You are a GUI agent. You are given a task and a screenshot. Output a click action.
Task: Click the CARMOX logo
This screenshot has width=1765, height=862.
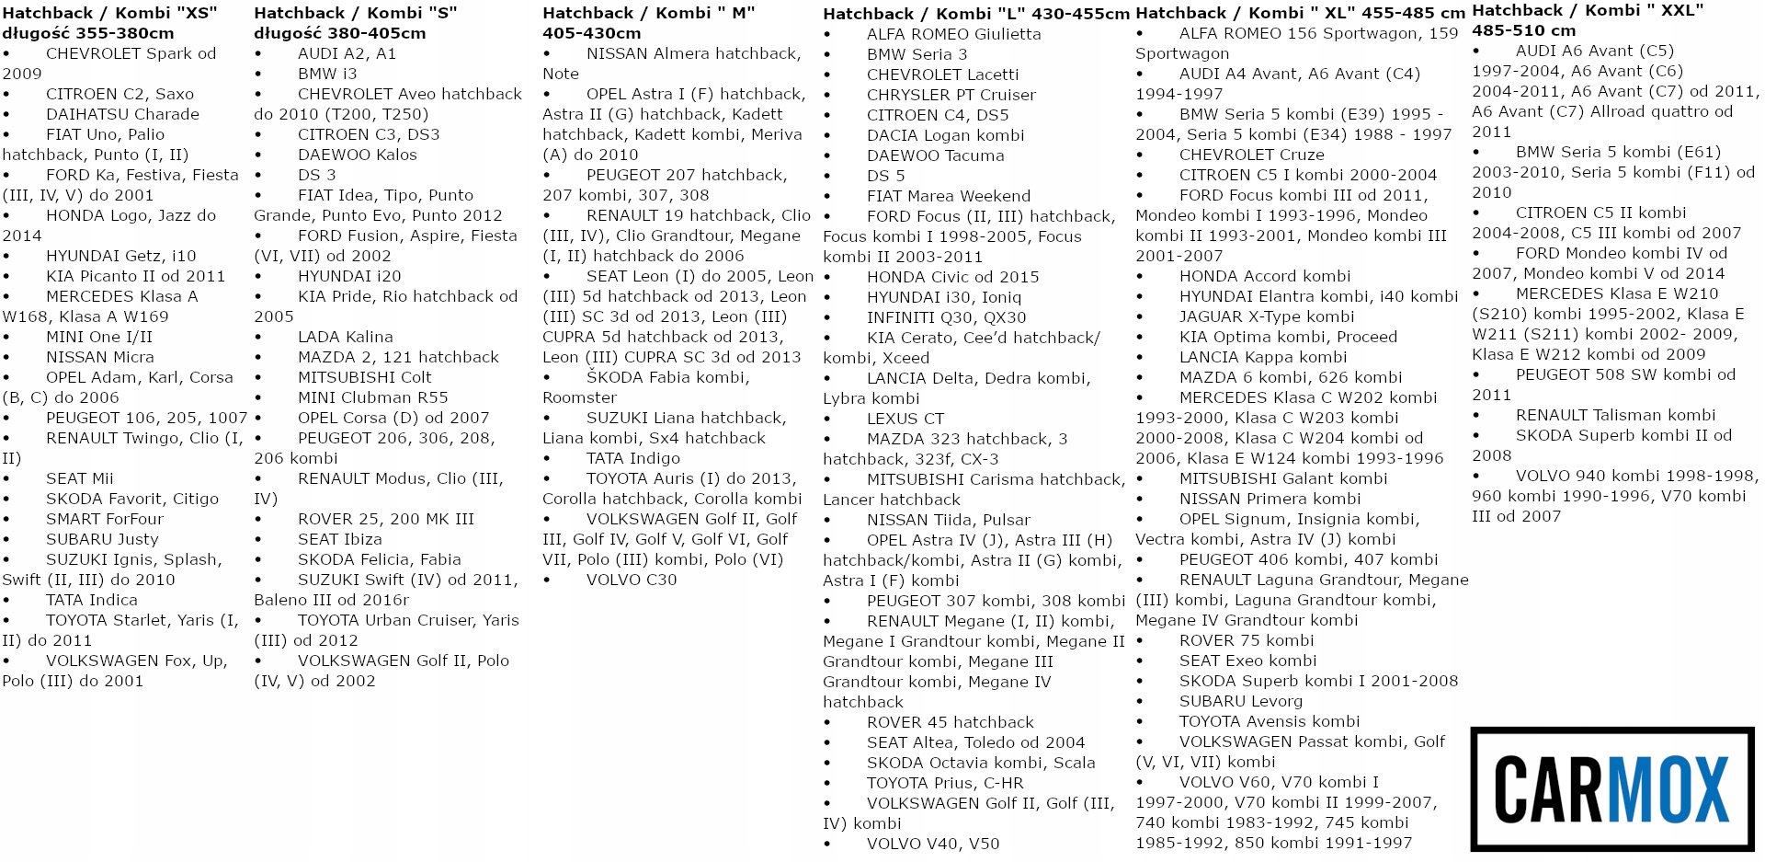click(1611, 788)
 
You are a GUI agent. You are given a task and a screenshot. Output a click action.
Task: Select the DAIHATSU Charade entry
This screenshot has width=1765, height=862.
click(122, 114)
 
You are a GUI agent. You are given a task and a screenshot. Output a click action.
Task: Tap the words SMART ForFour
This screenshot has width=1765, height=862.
click(104, 519)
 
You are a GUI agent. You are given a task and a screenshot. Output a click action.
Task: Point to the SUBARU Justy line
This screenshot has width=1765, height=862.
click(102, 539)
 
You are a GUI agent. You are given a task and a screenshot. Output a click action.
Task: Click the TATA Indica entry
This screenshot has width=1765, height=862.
click(91, 600)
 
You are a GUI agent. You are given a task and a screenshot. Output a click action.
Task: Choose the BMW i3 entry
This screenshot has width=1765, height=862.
click(327, 74)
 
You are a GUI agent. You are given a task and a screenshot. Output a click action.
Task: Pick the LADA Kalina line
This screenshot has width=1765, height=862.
click(345, 337)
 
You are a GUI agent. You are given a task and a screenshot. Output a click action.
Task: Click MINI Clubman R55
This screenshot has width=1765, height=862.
click(372, 397)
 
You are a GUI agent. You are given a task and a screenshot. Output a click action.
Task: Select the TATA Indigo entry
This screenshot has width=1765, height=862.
click(633, 458)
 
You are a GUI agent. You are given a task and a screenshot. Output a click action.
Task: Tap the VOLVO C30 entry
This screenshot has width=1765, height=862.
click(632, 580)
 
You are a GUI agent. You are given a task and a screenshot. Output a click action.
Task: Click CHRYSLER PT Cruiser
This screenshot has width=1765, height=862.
click(951, 95)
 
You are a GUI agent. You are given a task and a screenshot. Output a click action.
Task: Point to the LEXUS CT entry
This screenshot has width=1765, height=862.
click(905, 419)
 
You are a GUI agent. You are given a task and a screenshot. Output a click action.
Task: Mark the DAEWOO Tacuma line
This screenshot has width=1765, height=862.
click(935, 155)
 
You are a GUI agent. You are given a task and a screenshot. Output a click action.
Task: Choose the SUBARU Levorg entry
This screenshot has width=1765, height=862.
click(1241, 701)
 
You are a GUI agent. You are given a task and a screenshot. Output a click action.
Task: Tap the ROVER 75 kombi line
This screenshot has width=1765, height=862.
click(1247, 640)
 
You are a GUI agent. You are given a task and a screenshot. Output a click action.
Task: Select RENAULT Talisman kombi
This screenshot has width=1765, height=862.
click(1615, 415)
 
